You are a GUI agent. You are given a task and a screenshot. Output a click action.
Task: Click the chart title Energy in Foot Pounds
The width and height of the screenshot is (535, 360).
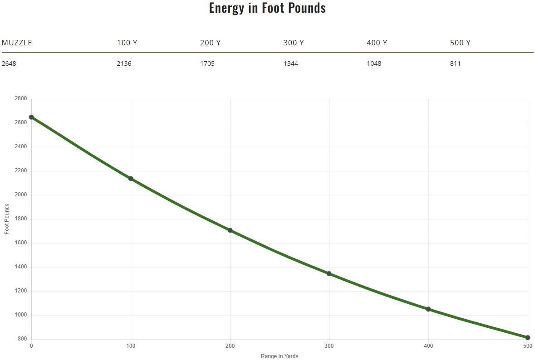coord(267,8)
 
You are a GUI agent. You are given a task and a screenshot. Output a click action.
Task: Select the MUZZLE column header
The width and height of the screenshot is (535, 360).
coord(17,43)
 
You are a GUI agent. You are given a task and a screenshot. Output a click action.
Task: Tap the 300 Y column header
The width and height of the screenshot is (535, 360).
coord(294,43)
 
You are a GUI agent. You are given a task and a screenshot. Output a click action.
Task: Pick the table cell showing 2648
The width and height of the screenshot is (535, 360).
coord(9,63)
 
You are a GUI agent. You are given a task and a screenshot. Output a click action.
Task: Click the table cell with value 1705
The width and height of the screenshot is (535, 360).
coord(207,63)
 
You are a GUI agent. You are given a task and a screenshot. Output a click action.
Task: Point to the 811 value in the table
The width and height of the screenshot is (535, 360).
coord(455,63)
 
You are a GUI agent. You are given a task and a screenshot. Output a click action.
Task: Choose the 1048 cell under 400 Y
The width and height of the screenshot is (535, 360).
coord(374,63)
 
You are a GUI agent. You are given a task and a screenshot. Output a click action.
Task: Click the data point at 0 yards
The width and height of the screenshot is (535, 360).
coord(31,117)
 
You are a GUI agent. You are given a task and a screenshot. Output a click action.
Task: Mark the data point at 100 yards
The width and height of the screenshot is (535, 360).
coord(131,179)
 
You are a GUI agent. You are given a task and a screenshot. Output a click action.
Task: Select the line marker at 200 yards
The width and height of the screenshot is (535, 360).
coord(230,230)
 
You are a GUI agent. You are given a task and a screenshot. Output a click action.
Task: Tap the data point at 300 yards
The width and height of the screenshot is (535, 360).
coord(329,273)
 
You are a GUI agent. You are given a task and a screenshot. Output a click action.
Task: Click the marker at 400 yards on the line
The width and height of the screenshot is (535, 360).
coord(428,309)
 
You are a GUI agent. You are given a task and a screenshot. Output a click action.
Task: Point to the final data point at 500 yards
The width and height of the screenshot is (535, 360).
coord(528,338)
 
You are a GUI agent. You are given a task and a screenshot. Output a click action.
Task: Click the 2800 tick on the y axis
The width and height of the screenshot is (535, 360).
coord(21,99)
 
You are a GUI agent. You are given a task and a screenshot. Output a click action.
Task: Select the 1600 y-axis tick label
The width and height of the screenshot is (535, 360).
coord(21,243)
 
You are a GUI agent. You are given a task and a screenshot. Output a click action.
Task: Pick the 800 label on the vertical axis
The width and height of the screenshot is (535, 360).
coord(22,339)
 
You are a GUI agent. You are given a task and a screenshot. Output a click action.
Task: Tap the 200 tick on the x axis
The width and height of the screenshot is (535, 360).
coord(230,346)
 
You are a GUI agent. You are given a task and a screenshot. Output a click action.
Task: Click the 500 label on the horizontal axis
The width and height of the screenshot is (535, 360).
coord(527,346)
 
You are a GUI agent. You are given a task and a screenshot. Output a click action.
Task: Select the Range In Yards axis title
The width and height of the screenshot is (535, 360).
coord(280,356)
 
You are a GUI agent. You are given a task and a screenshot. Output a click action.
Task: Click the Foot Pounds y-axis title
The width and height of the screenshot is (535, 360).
coord(7,219)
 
